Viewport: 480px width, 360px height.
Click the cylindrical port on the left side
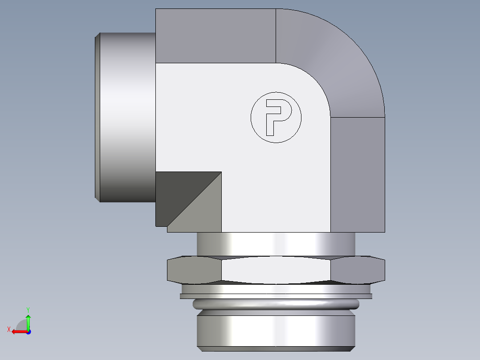(x=127, y=117)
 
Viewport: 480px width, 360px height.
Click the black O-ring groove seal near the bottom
(x=276, y=305)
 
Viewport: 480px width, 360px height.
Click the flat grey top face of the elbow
(x=216, y=36)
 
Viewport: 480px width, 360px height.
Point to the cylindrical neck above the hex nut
(x=276, y=244)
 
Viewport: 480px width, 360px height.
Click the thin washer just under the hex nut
(x=276, y=296)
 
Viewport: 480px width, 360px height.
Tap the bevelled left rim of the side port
(x=98, y=117)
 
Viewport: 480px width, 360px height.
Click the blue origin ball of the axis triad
(x=28, y=331)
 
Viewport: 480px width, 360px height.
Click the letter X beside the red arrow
(x=9, y=329)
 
